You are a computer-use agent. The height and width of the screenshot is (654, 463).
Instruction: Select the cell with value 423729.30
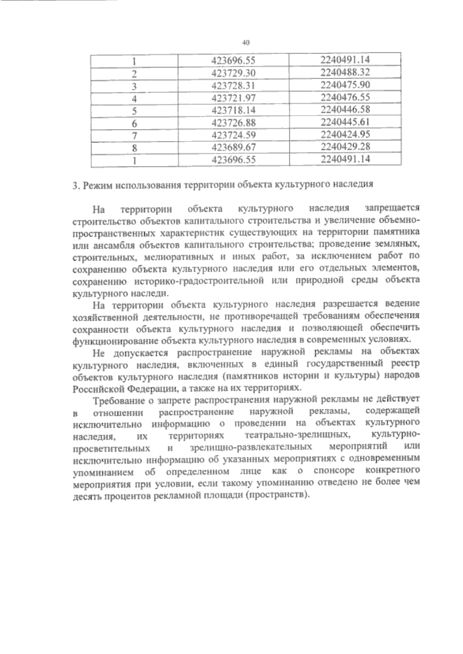click(234, 73)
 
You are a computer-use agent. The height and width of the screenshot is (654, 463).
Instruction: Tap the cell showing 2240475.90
click(345, 84)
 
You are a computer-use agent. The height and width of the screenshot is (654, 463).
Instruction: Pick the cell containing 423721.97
click(234, 98)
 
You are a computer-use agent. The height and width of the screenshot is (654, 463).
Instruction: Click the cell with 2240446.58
click(345, 109)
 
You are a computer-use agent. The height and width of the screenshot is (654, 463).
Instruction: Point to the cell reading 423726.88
click(234, 123)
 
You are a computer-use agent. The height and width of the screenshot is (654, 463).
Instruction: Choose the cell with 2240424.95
click(345, 134)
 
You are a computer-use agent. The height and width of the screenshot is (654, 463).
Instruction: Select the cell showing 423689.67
click(234, 147)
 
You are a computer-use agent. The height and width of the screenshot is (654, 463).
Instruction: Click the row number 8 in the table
click(135, 148)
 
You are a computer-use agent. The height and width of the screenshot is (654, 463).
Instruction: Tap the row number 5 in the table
click(135, 111)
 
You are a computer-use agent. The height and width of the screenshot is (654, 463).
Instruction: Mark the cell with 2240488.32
click(345, 72)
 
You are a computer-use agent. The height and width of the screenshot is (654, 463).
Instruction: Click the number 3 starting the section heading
click(75, 185)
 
